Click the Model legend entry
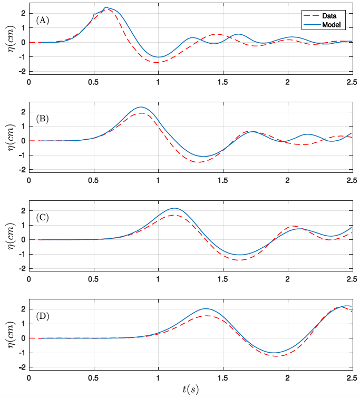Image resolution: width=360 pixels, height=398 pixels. tap(331, 25)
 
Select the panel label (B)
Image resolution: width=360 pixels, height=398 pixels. tap(42, 119)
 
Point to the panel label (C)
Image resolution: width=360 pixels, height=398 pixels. tap(42, 217)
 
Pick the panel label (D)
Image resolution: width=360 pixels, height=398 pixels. tap(42, 316)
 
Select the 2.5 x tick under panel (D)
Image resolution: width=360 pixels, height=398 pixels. tap(352, 378)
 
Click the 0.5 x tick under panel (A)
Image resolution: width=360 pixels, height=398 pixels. tap(93, 82)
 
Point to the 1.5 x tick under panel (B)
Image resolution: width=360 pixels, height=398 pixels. tap(222, 180)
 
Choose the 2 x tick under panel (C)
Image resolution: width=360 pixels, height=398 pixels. tap(287, 279)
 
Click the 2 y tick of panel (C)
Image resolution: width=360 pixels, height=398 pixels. tap(23, 211)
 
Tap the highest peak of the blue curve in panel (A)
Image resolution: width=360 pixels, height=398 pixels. tap(106, 8)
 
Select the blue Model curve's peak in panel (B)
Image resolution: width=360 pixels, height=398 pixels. tap(141, 107)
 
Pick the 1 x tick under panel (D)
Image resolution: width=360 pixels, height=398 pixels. tap(158, 378)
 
